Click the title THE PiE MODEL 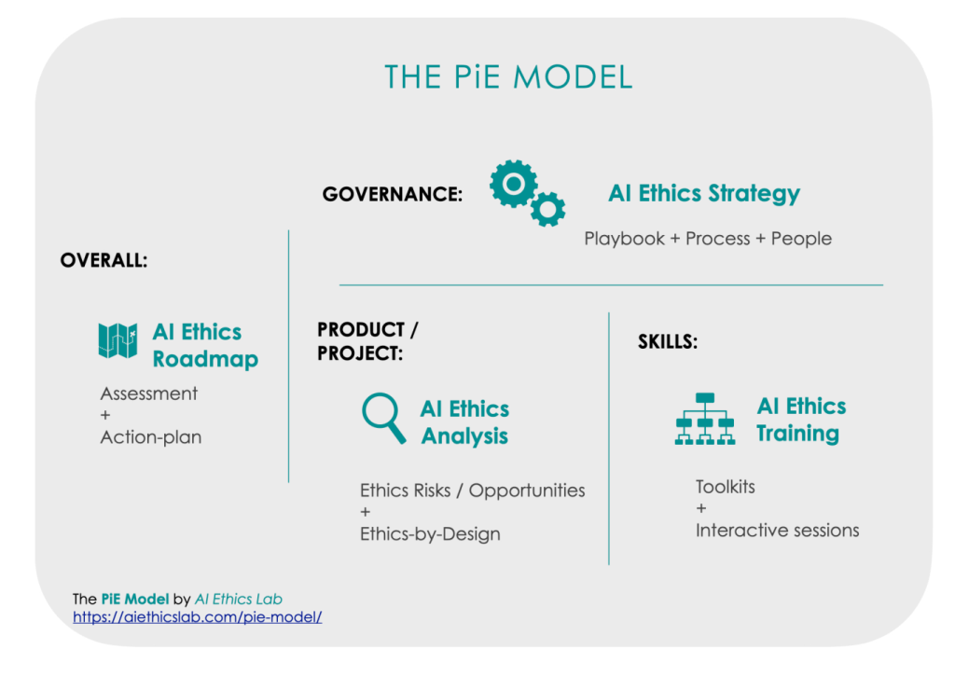508,77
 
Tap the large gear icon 514,184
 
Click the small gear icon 547,210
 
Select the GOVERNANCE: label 393,194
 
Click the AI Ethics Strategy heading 704,194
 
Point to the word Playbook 624,238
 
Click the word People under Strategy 801,238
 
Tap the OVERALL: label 104,260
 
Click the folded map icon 118,340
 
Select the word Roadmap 205,359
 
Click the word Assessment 149,394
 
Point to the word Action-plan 151,437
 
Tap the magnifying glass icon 383,418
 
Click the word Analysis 464,435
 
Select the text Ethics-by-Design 430,534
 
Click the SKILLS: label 668,341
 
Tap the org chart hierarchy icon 705,419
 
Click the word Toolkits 726,487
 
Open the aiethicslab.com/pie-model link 198,616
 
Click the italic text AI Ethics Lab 238,599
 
